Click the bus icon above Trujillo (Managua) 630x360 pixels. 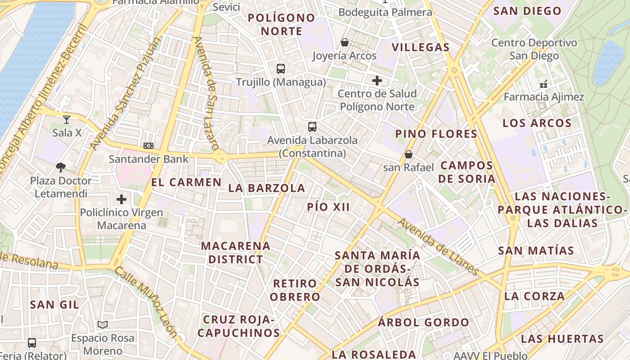click(x=281, y=69)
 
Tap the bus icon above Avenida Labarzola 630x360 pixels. click(x=312, y=127)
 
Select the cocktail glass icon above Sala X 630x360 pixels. click(x=67, y=120)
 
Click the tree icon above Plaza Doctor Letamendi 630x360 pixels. click(x=61, y=167)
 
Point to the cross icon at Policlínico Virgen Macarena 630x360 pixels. click(x=121, y=199)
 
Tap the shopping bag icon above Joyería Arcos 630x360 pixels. click(x=345, y=42)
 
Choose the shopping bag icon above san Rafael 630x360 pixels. click(x=409, y=154)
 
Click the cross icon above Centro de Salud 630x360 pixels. click(x=377, y=81)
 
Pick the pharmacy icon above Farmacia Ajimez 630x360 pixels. click(x=544, y=84)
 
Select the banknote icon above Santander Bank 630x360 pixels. click(x=148, y=146)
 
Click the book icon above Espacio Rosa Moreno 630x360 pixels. click(x=103, y=324)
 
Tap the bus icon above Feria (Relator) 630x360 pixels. click(x=32, y=343)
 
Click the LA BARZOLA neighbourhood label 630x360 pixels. click(x=267, y=188)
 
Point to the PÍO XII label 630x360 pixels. click(x=328, y=207)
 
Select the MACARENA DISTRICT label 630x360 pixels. click(x=236, y=253)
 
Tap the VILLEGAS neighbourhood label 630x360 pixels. click(x=421, y=47)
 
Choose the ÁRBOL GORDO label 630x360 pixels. click(x=423, y=322)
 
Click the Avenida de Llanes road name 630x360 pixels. click(x=437, y=247)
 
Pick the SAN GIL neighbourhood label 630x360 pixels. click(x=54, y=305)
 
